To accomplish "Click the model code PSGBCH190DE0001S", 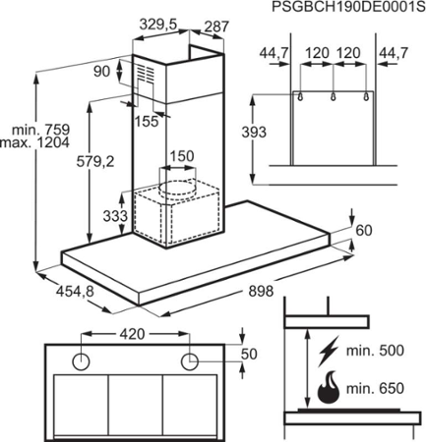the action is (x=348, y=7).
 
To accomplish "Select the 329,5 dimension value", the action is (x=158, y=25).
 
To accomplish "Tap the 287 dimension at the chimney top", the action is (x=216, y=27).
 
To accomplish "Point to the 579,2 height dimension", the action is (x=95, y=161).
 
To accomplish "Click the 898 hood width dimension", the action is (x=261, y=291).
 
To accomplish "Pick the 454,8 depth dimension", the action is (x=75, y=291).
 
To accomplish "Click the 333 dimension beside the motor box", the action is (x=115, y=216).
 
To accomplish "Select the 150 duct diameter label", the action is (x=181, y=156).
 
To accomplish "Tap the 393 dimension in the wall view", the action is (x=254, y=133).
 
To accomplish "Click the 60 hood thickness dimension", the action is (x=364, y=231).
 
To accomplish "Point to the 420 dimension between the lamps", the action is (x=132, y=334).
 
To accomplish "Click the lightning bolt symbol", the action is (x=328, y=351).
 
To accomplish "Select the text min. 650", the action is (x=375, y=389).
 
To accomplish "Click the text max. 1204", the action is (x=35, y=142).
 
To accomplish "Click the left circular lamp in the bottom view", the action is (x=81, y=362).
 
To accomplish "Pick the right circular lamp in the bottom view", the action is (x=190, y=362).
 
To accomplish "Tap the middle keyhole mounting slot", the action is (x=334, y=96).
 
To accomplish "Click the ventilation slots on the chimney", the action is (x=145, y=74).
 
